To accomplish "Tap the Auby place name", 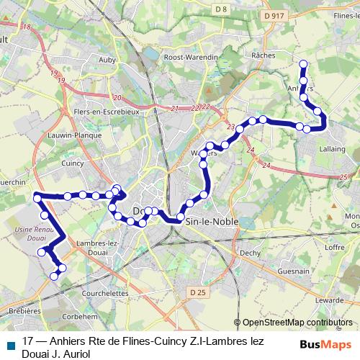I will click(x=108, y=60).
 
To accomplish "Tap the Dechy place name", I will click(x=250, y=252).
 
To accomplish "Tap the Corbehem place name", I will click(x=80, y=316).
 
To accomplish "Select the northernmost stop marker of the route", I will click(x=303, y=64).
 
